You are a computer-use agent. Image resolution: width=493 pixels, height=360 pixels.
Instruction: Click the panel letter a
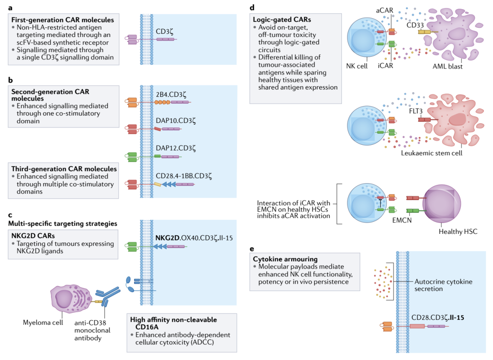click(x=10, y=6)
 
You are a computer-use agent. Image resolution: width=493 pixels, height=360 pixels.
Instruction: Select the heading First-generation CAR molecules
click(x=63, y=20)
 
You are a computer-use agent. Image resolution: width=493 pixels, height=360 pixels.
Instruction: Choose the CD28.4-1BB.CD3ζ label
click(x=185, y=175)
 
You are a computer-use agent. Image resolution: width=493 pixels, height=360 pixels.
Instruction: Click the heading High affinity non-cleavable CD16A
click(x=180, y=323)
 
